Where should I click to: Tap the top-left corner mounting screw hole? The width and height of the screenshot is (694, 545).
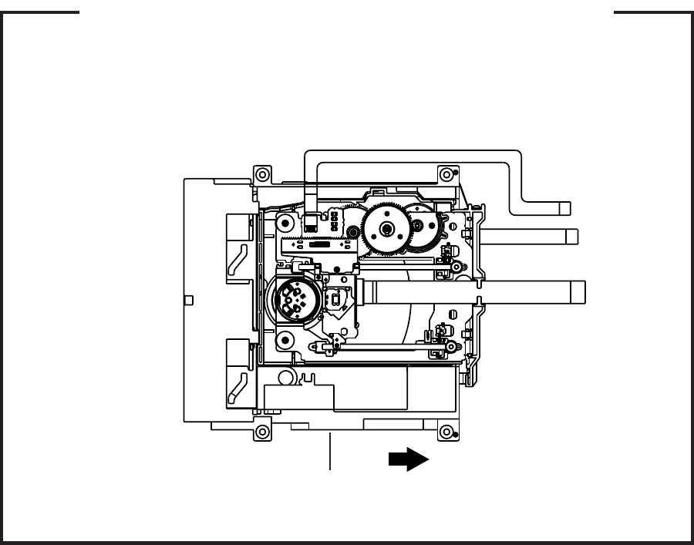tap(262, 173)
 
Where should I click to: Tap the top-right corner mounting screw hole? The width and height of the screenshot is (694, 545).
tap(444, 173)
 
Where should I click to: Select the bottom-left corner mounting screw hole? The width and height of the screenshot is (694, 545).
tap(262, 431)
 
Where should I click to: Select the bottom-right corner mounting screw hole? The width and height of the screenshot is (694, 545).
tap(444, 431)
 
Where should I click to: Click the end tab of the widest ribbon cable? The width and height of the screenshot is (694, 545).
tap(578, 291)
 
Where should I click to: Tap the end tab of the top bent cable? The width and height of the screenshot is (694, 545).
tap(565, 207)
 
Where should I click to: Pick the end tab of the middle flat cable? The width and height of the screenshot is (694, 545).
tap(572, 236)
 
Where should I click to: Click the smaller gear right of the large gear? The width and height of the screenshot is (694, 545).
tap(419, 225)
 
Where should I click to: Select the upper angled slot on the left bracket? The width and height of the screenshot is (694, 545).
tap(238, 261)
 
